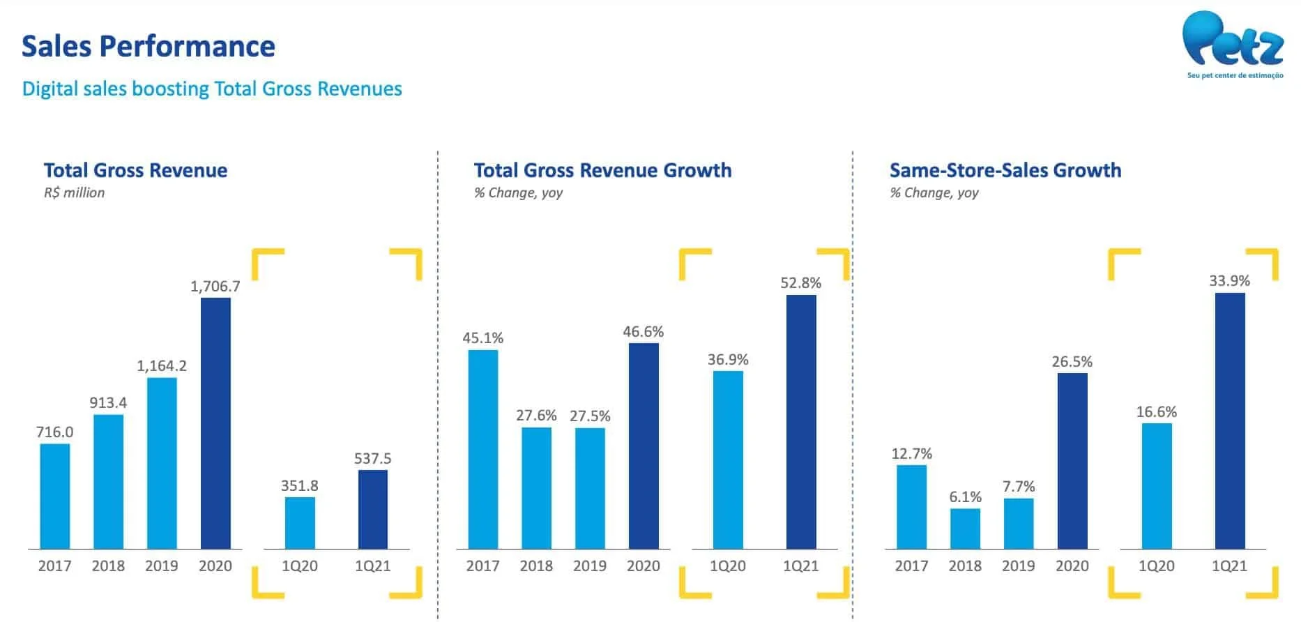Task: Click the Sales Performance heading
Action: (149, 46)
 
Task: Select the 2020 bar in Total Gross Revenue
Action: (215, 423)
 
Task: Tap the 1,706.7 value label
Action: (215, 286)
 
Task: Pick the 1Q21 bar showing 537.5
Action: (373, 509)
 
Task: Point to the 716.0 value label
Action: (54, 432)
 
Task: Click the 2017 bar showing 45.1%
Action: (483, 449)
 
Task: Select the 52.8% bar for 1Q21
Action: (801, 422)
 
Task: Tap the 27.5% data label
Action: (590, 416)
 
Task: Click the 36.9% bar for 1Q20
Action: (728, 460)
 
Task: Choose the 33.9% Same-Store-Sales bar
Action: (1230, 420)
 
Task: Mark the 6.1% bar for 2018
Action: (965, 529)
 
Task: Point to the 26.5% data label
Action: (1072, 362)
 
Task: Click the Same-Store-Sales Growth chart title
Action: (1005, 170)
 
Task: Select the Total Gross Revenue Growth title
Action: (603, 170)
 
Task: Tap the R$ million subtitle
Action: (75, 193)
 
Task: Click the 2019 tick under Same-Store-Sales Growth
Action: (1019, 566)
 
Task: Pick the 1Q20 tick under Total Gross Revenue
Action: (300, 566)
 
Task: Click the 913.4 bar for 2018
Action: (108, 482)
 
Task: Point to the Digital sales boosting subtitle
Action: (212, 89)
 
